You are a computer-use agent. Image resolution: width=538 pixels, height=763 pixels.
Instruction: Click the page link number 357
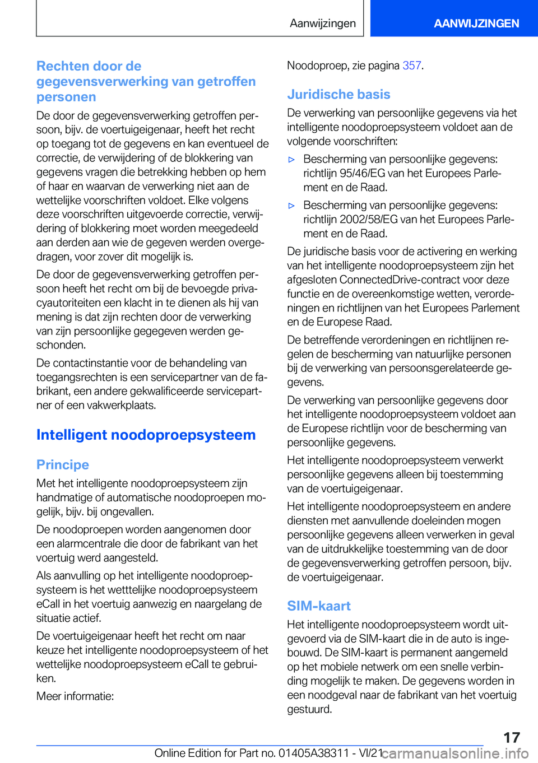(411, 66)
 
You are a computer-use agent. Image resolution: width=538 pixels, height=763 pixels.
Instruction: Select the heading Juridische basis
(338, 94)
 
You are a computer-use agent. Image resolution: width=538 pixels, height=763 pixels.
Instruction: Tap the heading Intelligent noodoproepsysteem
(146, 435)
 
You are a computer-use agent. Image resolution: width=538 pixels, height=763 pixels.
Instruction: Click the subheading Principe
(63, 464)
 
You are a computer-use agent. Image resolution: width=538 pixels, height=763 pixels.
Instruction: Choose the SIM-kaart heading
(319, 606)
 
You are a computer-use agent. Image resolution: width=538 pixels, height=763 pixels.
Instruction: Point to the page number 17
(511, 737)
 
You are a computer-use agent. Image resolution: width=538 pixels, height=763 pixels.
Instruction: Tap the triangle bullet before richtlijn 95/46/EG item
(291, 160)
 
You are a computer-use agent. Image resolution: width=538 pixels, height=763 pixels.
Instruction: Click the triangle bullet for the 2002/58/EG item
(291, 206)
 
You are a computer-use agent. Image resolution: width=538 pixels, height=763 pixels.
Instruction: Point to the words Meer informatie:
(75, 696)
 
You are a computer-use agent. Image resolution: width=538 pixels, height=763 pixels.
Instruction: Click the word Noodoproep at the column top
(317, 66)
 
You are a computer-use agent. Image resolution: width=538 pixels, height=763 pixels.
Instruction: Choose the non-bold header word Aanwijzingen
(323, 23)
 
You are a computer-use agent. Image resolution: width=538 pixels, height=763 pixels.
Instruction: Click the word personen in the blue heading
(66, 97)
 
